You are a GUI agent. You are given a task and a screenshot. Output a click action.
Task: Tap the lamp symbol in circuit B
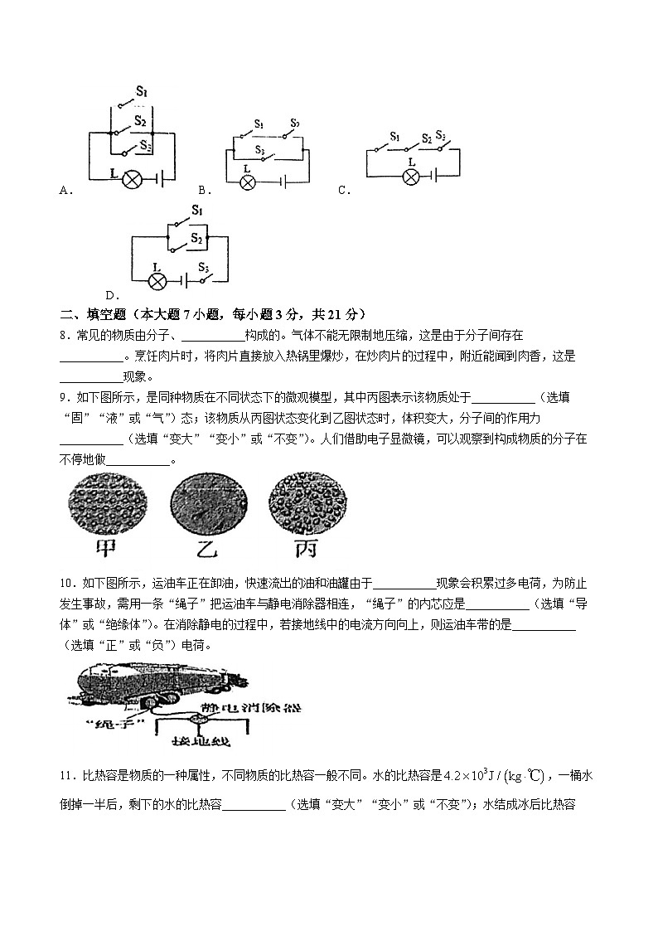[x=247, y=182]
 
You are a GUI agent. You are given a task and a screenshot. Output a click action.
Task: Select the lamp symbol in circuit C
[x=408, y=176]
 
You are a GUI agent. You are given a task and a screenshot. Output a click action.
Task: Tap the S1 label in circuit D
[x=197, y=211]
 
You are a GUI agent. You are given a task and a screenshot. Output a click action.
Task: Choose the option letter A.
[x=64, y=191]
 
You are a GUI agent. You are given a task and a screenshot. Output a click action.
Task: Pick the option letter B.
[x=201, y=191]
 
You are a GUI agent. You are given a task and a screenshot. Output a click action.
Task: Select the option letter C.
[x=342, y=191]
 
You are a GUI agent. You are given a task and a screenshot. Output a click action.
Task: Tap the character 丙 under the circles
[x=302, y=549]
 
